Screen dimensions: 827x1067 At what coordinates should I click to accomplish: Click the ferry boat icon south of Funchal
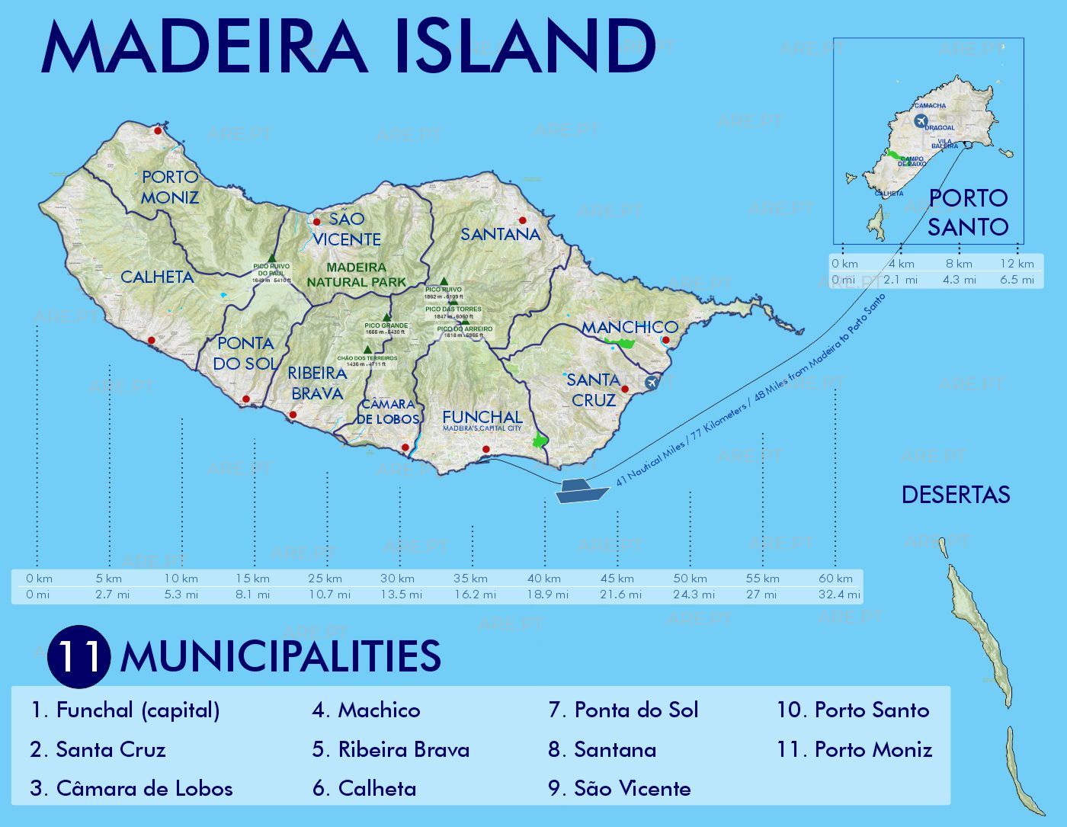582,490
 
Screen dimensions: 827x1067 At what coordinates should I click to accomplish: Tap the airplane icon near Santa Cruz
652,383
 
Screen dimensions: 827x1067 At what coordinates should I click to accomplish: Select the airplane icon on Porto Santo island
921,121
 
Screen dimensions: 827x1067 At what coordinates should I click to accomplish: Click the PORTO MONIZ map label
169,188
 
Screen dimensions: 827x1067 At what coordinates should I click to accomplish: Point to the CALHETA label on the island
157,277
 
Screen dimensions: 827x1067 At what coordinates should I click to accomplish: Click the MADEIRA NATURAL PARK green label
357,274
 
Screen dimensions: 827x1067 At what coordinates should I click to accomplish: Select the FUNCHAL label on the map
482,417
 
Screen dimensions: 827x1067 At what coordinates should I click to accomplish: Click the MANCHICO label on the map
630,327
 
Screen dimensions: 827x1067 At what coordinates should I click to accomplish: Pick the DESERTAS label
956,495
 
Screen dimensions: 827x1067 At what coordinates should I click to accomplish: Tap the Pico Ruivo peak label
444,290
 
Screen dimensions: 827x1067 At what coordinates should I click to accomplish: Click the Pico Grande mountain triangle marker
386,317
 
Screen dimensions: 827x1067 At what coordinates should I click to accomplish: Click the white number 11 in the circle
79,657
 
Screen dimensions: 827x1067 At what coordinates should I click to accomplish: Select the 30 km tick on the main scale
398,579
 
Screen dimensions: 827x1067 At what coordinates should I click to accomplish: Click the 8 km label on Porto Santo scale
959,264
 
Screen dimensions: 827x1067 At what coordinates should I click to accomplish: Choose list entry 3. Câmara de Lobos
131,789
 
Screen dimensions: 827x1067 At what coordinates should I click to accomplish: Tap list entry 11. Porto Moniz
854,750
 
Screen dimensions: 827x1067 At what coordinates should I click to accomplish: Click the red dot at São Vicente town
316,222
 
